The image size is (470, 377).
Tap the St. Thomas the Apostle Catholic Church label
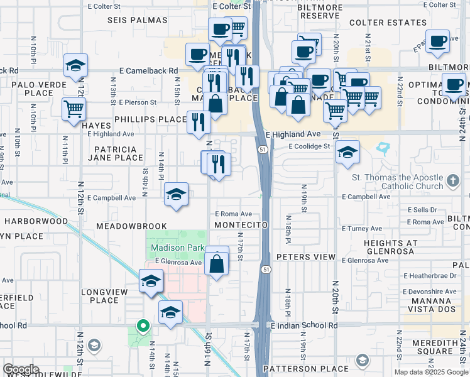(397, 182)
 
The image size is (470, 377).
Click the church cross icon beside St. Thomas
(452, 182)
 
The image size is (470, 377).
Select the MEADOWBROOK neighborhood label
(132, 226)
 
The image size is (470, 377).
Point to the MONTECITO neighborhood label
(241, 225)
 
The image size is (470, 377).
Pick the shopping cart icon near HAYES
(74, 109)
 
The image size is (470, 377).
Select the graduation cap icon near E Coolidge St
(347, 152)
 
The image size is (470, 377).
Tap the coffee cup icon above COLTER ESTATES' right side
(437, 41)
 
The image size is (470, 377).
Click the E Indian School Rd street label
(304, 325)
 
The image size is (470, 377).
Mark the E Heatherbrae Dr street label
(430, 275)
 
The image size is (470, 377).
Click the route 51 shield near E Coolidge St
(261, 149)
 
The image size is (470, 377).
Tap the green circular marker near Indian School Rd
(143, 326)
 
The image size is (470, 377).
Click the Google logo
(21, 370)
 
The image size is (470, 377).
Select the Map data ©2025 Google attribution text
(430, 372)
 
